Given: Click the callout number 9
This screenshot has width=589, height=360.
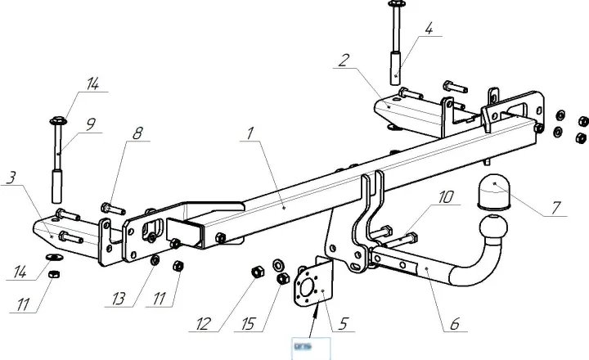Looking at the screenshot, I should (x=90, y=124).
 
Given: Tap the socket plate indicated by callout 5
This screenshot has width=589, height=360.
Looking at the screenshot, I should (x=313, y=286).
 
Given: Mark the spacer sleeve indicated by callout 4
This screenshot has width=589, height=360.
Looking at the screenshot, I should (x=396, y=65).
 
